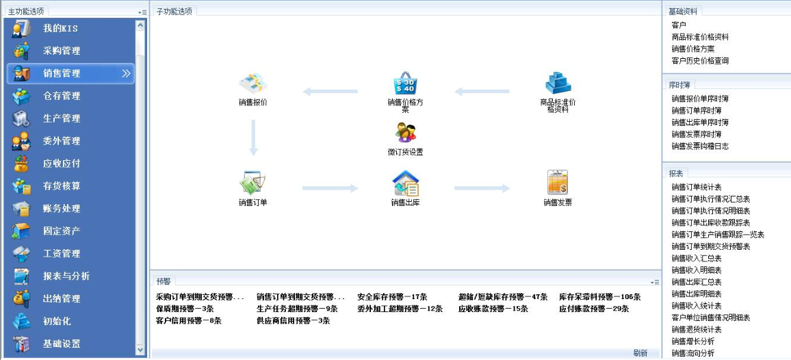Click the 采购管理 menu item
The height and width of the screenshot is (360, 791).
tap(62, 51)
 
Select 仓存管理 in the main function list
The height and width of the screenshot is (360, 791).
tap(62, 96)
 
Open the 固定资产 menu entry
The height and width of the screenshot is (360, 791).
tap(62, 231)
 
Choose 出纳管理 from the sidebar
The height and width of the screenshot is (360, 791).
tap(62, 299)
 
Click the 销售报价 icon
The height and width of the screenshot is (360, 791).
tap(253, 83)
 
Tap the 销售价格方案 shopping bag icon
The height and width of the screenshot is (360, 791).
tap(406, 83)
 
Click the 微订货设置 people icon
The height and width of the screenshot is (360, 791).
tap(406, 133)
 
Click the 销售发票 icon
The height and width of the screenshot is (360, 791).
tap(558, 182)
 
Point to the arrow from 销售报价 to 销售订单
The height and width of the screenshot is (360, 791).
tap(253, 138)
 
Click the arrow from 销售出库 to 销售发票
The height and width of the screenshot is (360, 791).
tap(482, 188)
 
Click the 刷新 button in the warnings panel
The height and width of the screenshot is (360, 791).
tap(640, 353)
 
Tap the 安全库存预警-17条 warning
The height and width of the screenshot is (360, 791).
tap(393, 297)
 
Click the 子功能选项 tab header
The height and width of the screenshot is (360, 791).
tap(174, 11)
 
